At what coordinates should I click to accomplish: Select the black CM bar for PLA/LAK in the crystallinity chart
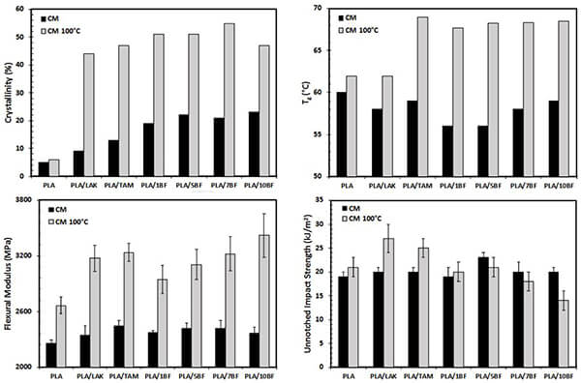[78, 163]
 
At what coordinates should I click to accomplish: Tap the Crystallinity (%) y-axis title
[11, 91]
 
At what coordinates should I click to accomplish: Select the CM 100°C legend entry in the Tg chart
[372, 31]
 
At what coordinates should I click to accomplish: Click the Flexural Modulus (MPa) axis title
[8, 283]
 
